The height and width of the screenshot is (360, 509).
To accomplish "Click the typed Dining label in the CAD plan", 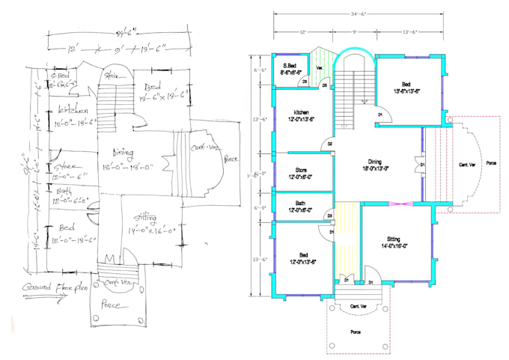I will tap(375, 162).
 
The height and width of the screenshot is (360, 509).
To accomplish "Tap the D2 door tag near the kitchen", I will tap(329, 143).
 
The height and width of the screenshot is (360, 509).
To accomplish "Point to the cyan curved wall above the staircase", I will tap(350, 52).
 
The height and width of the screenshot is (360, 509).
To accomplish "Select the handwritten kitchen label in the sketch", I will tap(74, 111).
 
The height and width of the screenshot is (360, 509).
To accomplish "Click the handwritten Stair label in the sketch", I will tap(114, 76).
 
